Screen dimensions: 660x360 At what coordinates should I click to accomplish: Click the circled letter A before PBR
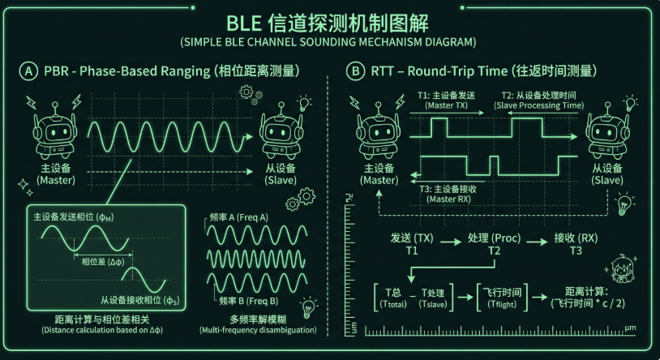click(x=28, y=71)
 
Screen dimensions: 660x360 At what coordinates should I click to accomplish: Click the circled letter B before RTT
click(x=355, y=71)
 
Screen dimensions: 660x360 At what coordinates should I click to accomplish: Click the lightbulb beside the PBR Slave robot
click(x=306, y=103)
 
